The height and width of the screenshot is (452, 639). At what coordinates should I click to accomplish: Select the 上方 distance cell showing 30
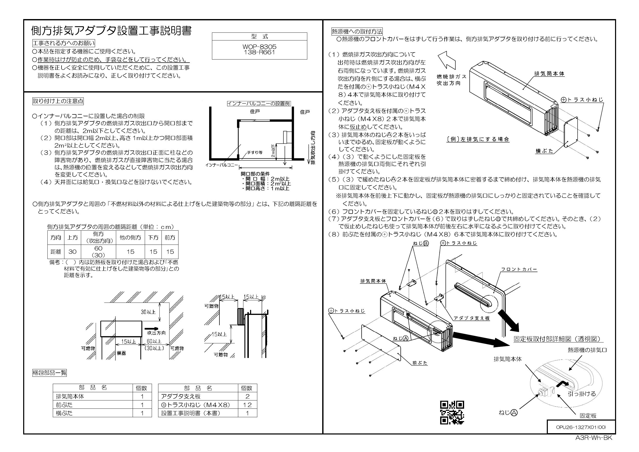pos(72,252)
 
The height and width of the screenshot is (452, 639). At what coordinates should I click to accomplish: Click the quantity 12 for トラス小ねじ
pos(247,405)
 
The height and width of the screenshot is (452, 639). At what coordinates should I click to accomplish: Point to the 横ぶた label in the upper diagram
pos(544,152)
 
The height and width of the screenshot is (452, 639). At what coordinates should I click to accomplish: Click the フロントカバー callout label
pos(519,270)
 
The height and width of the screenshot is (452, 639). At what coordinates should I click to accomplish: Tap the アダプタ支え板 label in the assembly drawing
pos(471,318)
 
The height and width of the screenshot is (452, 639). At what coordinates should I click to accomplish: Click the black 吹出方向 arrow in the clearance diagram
pos(152,328)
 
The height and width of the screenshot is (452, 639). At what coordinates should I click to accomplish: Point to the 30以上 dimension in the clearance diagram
pos(148,312)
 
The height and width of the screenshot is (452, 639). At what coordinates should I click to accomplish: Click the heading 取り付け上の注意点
pos(58,101)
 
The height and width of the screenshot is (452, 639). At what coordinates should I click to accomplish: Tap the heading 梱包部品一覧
pos(49,373)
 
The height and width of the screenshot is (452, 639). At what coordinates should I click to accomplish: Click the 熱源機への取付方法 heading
pos(357,31)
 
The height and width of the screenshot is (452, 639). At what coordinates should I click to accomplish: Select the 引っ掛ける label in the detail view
pos(582,394)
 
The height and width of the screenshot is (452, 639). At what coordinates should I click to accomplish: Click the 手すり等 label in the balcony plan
pos(255,153)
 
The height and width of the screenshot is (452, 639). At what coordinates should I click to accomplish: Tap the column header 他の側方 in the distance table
pos(130,238)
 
